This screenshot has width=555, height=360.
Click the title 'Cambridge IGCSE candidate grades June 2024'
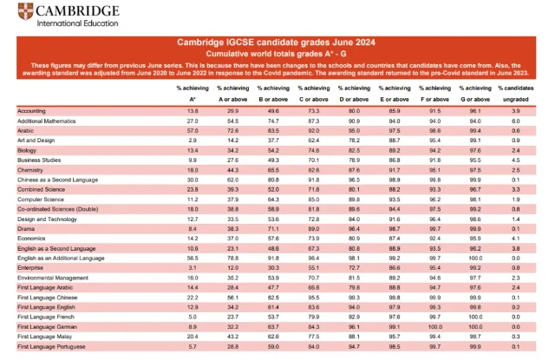tap(277, 42)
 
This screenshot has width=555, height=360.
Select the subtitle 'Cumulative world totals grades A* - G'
tap(277, 53)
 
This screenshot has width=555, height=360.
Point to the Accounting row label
tap(33, 112)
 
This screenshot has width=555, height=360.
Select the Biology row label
tap(29, 149)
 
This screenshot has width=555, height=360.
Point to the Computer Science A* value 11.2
tap(192, 199)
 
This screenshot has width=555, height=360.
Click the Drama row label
tap(27, 230)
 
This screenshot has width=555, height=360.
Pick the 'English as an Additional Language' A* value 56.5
tap(192, 258)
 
